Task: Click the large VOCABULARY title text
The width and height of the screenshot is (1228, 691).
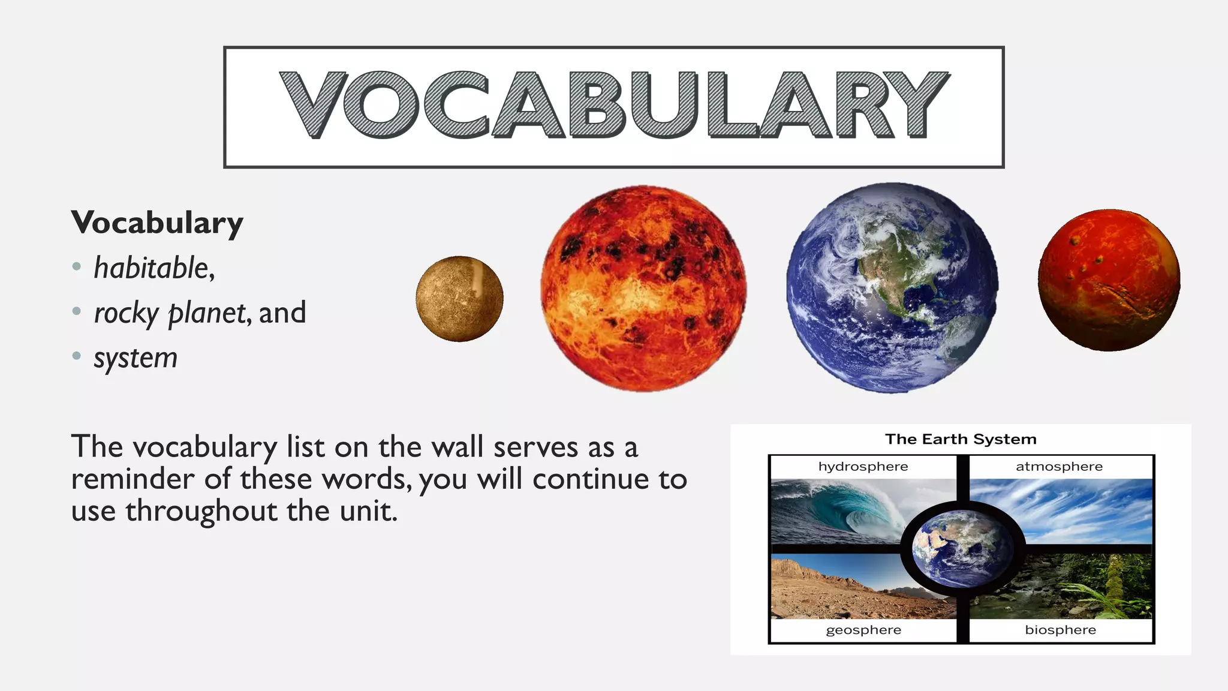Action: (614, 105)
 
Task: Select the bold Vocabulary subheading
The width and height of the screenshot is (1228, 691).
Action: (157, 223)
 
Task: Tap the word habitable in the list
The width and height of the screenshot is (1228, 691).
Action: (151, 268)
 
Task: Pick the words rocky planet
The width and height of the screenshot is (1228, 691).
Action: (170, 313)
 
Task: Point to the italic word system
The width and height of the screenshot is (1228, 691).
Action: (136, 358)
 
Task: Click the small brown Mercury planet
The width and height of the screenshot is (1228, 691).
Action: (459, 299)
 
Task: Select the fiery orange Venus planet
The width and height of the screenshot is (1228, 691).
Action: (643, 289)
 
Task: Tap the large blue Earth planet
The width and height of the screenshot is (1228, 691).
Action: (892, 288)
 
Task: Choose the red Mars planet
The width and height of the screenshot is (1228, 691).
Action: (1109, 280)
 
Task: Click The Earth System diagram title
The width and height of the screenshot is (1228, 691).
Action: (961, 439)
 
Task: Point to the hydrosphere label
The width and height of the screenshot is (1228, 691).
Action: (863, 467)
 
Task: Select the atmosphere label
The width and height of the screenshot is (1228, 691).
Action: (1059, 467)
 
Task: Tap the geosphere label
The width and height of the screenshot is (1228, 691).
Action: (863, 630)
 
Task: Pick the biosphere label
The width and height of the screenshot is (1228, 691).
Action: (1060, 630)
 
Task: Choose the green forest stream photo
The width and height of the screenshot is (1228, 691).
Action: (1091, 588)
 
